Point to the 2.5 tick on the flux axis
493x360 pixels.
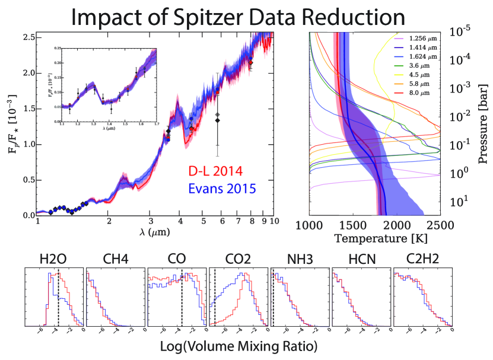point(27,37)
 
